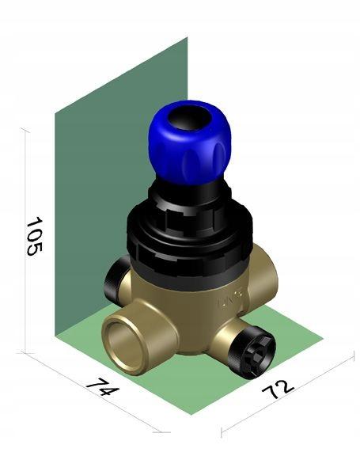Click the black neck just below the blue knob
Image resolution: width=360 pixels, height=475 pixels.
point(188,190)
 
